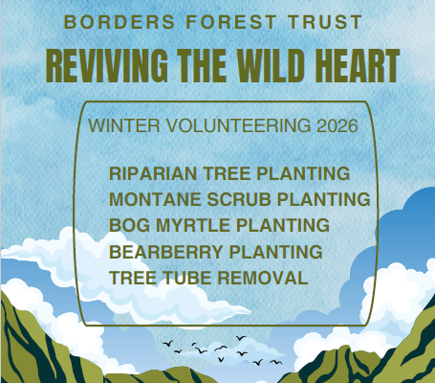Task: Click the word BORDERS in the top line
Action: [120, 22]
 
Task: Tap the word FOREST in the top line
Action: [231, 22]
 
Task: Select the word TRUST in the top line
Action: [325, 22]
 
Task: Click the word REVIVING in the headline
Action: [107, 66]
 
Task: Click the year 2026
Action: [337, 125]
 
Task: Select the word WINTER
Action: [124, 125]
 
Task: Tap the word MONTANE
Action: [155, 199]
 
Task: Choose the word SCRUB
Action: [239, 199]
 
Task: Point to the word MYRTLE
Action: [193, 225]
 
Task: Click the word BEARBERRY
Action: [166, 252]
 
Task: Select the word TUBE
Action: [187, 278]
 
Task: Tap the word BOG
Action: [129, 225]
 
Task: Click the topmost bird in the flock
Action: [241, 338]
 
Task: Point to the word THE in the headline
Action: [202, 66]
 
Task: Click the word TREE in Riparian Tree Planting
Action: [227, 173]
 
